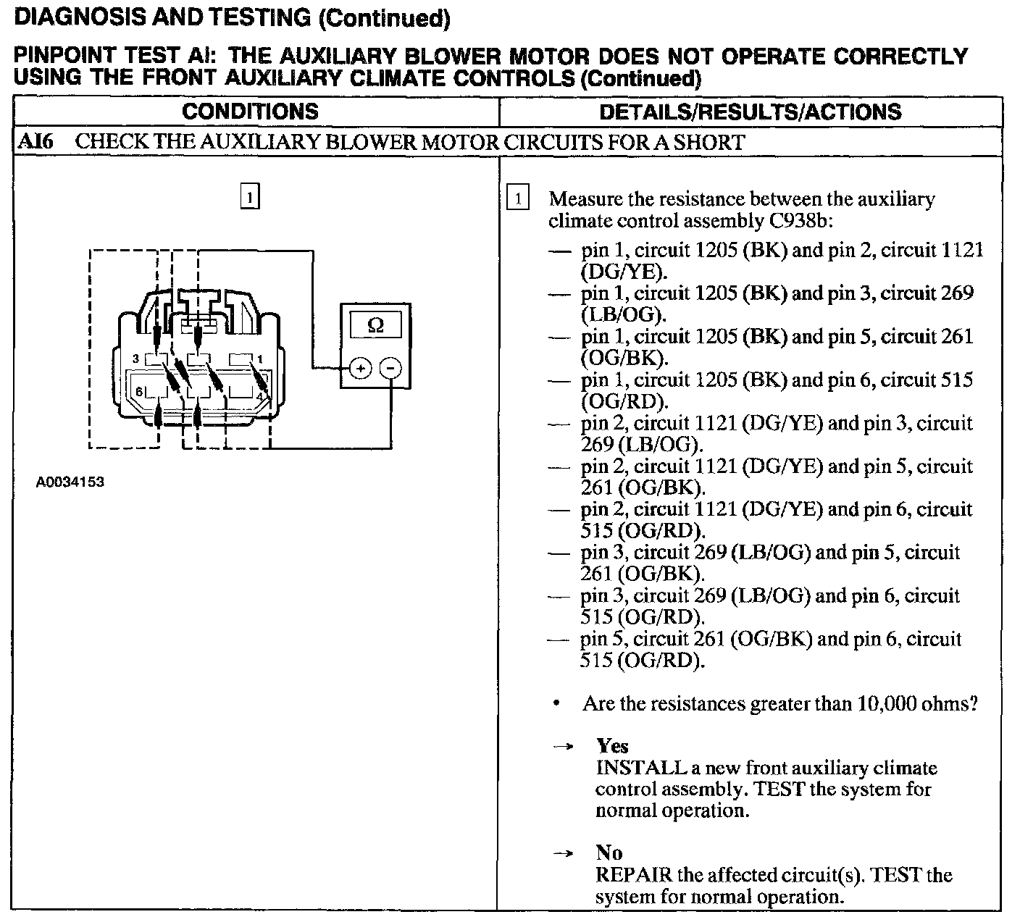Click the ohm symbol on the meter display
375,325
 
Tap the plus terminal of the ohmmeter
360,368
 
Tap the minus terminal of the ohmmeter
390,368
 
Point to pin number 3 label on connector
135,359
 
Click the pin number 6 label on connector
138,392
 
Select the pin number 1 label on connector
260,359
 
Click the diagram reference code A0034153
70,482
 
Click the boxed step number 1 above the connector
249,197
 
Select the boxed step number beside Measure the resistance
519,198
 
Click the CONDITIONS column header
250,112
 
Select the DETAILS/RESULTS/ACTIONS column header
751,112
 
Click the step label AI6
35,141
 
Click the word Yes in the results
612,746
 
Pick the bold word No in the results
609,853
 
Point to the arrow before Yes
563,747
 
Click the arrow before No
563,853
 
